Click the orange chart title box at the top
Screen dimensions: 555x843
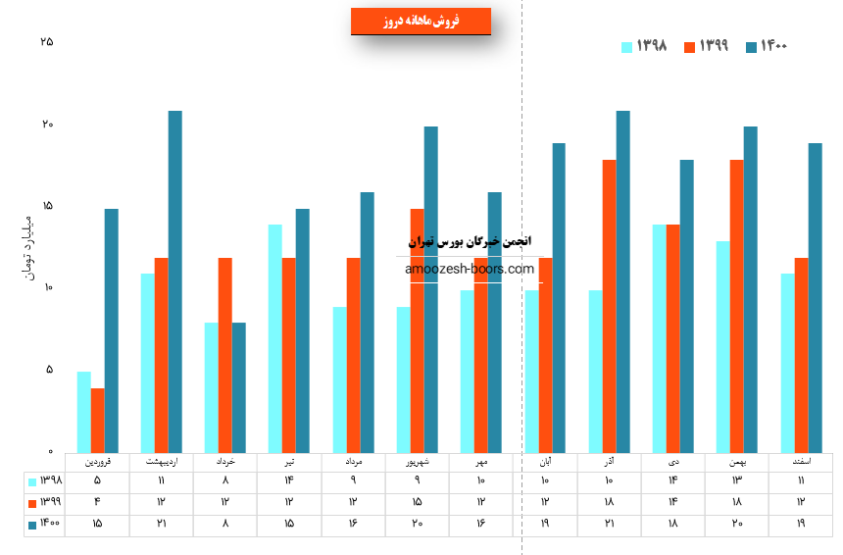(421, 21)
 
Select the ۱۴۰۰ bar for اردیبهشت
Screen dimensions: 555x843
(174, 280)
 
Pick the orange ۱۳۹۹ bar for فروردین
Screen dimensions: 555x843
(97, 420)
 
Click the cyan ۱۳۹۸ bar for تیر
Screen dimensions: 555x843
(274, 337)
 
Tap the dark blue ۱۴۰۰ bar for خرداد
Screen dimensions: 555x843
(238, 386)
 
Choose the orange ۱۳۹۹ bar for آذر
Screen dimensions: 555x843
(609, 305)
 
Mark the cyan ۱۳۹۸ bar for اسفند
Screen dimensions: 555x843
(787, 362)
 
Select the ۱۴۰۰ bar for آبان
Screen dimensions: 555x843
(559, 297)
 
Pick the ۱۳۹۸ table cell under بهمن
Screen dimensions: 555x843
(736, 481)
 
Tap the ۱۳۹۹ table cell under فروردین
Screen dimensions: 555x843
(97, 503)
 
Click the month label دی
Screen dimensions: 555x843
(672, 460)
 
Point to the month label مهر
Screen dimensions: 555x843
(480, 460)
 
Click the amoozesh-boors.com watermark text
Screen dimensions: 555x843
(469, 269)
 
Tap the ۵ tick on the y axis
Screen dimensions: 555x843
(49, 370)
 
